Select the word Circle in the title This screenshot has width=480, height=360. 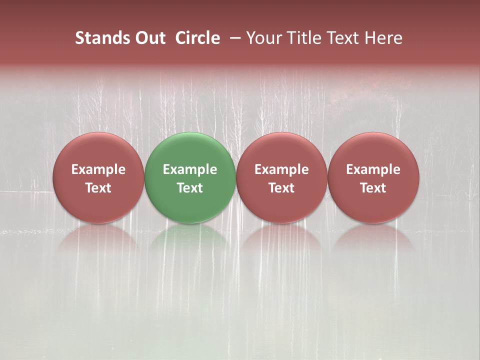tap(197, 38)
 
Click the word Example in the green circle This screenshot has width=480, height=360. tap(190, 169)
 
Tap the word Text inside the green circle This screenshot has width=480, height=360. tap(190, 188)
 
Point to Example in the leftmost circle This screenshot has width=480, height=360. tap(98, 169)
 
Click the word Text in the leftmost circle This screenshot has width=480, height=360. tap(98, 188)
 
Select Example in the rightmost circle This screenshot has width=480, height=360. tap(373, 169)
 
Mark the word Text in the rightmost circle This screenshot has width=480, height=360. tap(373, 188)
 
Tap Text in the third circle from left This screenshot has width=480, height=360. tap(281, 188)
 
